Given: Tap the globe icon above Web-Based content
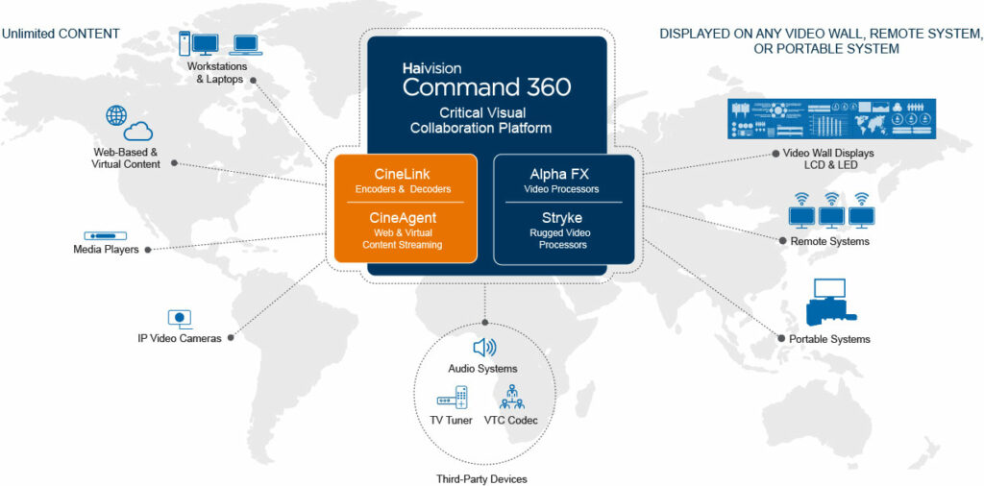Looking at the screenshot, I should [x=116, y=115].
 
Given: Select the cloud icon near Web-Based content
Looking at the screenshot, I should [x=138, y=132].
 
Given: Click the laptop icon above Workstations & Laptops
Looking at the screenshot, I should [x=246, y=44].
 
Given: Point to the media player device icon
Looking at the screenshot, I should [x=106, y=234].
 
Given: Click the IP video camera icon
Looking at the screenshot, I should [x=180, y=319].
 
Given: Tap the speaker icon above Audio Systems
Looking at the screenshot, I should [x=483, y=348].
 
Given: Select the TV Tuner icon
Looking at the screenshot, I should [x=452, y=398].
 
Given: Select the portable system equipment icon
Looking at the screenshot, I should [x=826, y=303].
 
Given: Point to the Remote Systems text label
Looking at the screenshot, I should [x=829, y=241].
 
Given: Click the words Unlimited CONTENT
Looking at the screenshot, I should [x=61, y=34].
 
